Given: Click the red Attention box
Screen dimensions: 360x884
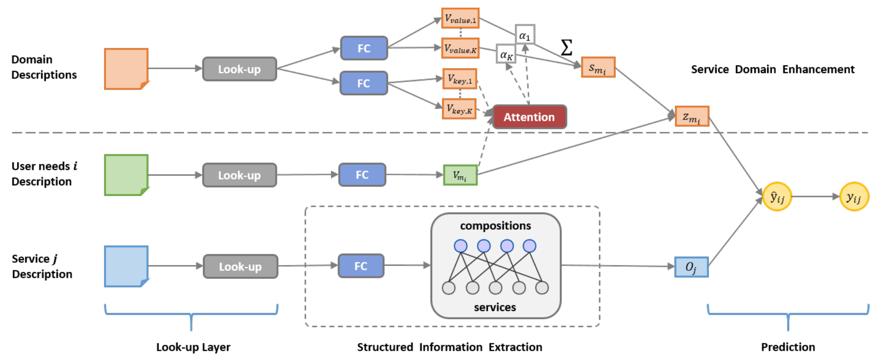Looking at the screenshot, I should tap(529, 117).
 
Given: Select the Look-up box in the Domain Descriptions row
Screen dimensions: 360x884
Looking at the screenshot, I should tap(240, 69).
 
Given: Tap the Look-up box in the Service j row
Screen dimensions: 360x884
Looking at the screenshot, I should tap(240, 266).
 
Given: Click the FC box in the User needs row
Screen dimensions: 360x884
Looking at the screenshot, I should tap(362, 175).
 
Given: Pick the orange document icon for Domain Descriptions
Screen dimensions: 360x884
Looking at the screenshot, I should tap(126, 69).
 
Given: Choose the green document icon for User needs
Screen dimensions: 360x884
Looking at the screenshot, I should tap(126, 175).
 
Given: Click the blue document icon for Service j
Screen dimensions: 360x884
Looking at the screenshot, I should tap(126, 266).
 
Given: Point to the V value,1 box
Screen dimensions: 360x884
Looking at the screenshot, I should tap(460, 18).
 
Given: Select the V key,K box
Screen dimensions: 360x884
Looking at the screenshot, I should tap(459, 109).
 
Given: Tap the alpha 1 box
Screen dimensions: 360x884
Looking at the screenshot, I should tap(525, 34).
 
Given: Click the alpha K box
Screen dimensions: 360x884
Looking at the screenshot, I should tap(506, 54).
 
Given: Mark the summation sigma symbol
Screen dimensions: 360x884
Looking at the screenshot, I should tap(566, 47).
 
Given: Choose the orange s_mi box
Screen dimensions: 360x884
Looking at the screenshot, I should tap(598, 67).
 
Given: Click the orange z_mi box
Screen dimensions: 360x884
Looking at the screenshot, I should tap(692, 116).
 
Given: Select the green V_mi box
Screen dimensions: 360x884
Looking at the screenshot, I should tap(460, 175).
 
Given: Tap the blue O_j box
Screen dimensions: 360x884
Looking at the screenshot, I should tap(691, 267).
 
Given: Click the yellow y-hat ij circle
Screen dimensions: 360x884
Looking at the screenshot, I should tap(777, 196).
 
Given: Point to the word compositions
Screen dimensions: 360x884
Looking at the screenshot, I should tap(495, 226).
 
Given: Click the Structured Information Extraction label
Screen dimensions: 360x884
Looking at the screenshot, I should tap(449, 347).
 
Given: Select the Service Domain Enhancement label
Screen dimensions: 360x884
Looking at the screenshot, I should tap(772, 69).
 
